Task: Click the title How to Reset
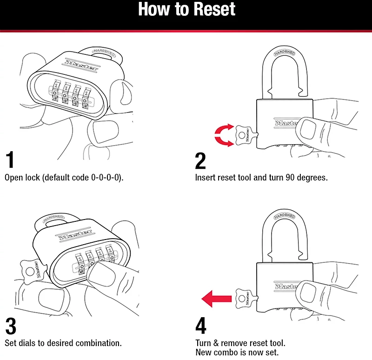pyautogui.click(x=186, y=10)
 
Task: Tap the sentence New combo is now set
pyautogui.click(x=237, y=352)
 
